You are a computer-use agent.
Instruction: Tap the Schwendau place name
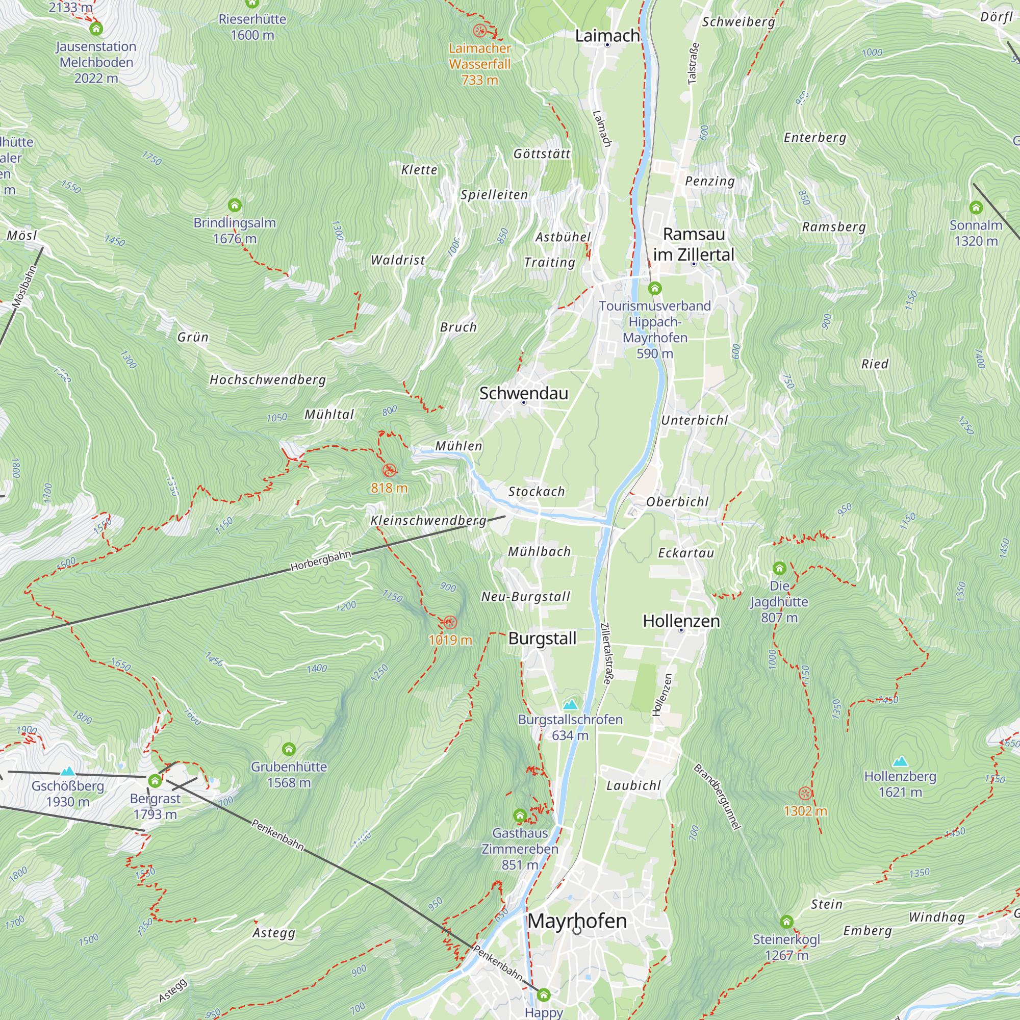pos(524,393)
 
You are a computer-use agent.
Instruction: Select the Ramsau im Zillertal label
pos(694,244)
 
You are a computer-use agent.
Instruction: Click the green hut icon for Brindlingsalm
pos(235,205)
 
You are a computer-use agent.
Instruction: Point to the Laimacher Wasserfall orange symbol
pos(479,30)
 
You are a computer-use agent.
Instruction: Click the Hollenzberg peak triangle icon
pos(900,761)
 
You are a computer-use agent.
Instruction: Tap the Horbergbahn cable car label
pos(320,560)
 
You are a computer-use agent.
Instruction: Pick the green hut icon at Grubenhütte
pos(288,749)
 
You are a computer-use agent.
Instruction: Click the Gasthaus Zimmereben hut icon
pos(520,815)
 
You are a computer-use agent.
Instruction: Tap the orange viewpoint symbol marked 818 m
pos(389,470)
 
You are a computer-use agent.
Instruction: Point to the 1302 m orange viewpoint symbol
pos(805,793)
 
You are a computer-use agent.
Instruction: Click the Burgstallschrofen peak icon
pos(570,705)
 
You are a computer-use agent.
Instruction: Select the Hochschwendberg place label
pos(268,379)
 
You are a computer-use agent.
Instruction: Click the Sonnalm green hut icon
pos(976,208)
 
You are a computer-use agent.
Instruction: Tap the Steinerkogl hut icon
pos(786,922)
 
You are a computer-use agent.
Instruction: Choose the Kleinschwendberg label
pos(428,520)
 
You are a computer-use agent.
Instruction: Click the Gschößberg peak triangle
pos(68,771)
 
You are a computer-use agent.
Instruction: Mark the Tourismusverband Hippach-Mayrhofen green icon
pos(655,288)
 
